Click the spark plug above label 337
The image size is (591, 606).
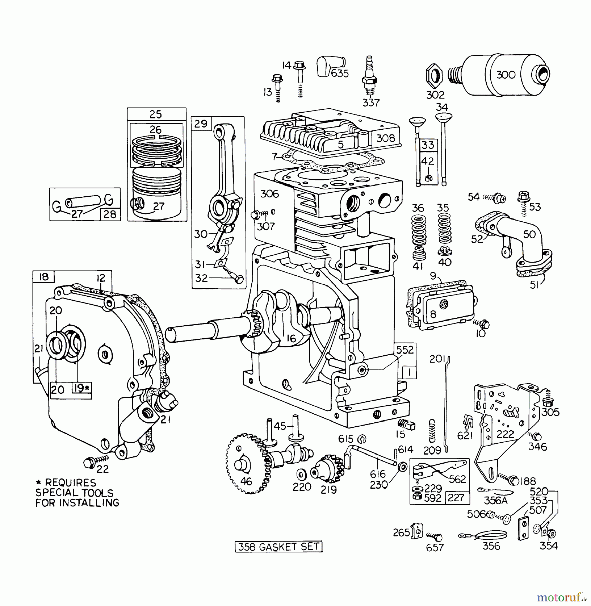point(369,77)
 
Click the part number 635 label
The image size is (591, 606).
point(339,73)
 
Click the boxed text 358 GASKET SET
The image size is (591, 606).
point(278,546)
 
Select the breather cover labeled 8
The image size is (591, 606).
point(441,308)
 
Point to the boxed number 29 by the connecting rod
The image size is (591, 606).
point(201,124)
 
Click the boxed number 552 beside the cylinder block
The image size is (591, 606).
point(405,350)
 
